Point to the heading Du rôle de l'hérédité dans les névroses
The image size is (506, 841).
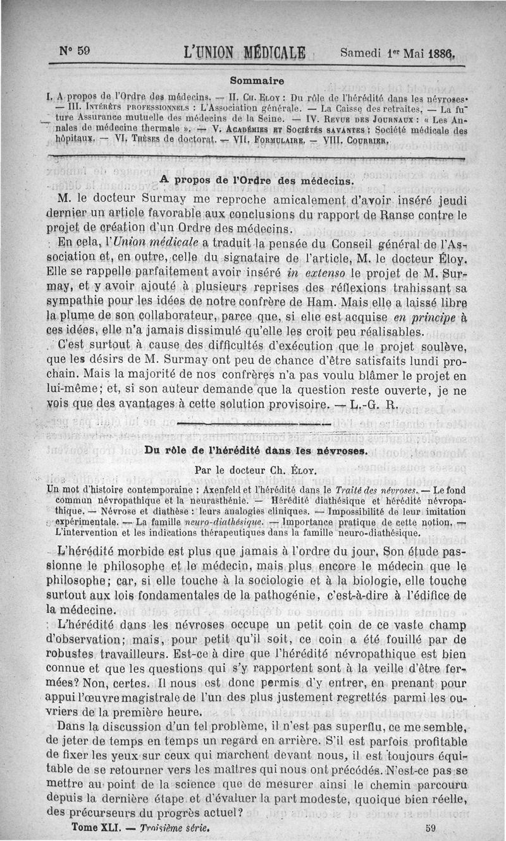click(256, 451)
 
